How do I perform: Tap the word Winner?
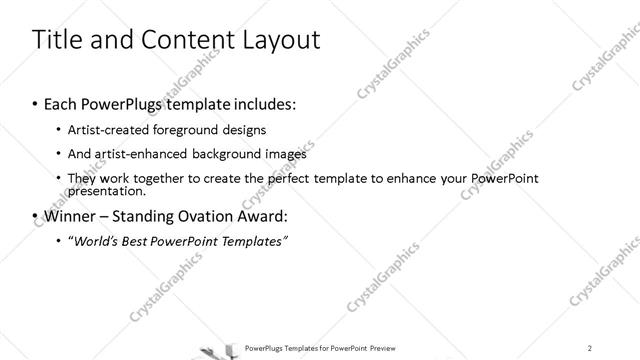pyautogui.click(x=71, y=216)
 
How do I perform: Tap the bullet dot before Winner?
pyautogui.click(x=35, y=217)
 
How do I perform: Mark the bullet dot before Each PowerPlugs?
pyautogui.click(x=35, y=105)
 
